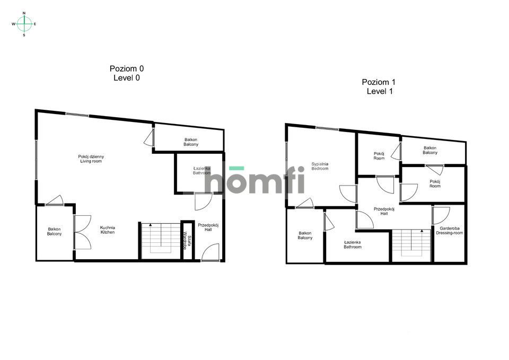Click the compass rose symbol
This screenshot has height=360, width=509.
[x=24, y=24]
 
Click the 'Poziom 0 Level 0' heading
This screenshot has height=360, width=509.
[x=127, y=73]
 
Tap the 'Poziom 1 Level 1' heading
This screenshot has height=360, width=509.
[x=379, y=86]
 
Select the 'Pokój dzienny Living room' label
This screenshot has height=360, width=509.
[x=91, y=159]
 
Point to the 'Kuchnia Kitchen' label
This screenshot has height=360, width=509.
[x=108, y=230]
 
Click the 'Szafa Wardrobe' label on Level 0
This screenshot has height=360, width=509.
[x=187, y=241]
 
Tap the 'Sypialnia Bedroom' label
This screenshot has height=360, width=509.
[x=320, y=166]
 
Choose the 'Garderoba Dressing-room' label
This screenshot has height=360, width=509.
[x=450, y=231]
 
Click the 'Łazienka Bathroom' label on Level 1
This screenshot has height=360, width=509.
[x=353, y=244]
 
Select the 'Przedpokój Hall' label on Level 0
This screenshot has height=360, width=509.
[x=208, y=227]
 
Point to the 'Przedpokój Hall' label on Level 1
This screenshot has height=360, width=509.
[x=384, y=212]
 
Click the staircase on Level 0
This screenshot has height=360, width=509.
[x=161, y=241]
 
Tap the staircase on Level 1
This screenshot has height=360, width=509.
[x=411, y=245]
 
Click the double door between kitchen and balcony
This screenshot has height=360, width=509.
[x=82, y=232]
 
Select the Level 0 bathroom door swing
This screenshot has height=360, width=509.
[x=203, y=201]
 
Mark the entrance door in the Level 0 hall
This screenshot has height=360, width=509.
[x=210, y=252]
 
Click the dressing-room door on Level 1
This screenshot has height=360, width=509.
[x=441, y=215]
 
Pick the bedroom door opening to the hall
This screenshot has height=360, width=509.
[x=348, y=194]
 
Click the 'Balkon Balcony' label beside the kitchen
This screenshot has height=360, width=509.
[x=54, y=232]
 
